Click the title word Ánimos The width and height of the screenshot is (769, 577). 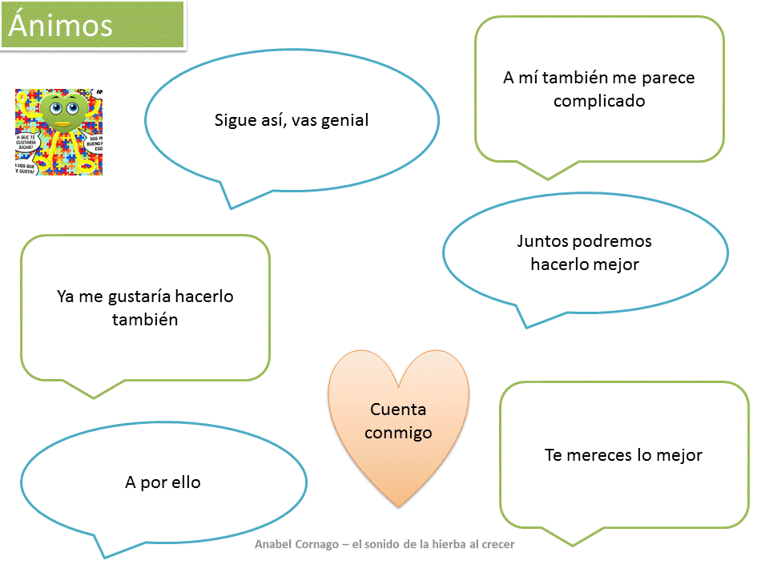coord(61,26)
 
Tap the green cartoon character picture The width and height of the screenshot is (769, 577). coord(58,131)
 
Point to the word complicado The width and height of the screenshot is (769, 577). coord(599,101)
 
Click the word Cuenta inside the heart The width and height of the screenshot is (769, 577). coord(398,410)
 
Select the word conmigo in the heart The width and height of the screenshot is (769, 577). coord(398,433)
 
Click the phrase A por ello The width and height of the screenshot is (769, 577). coord(163,482)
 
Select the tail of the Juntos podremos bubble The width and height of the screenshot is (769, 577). coord(526,325)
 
